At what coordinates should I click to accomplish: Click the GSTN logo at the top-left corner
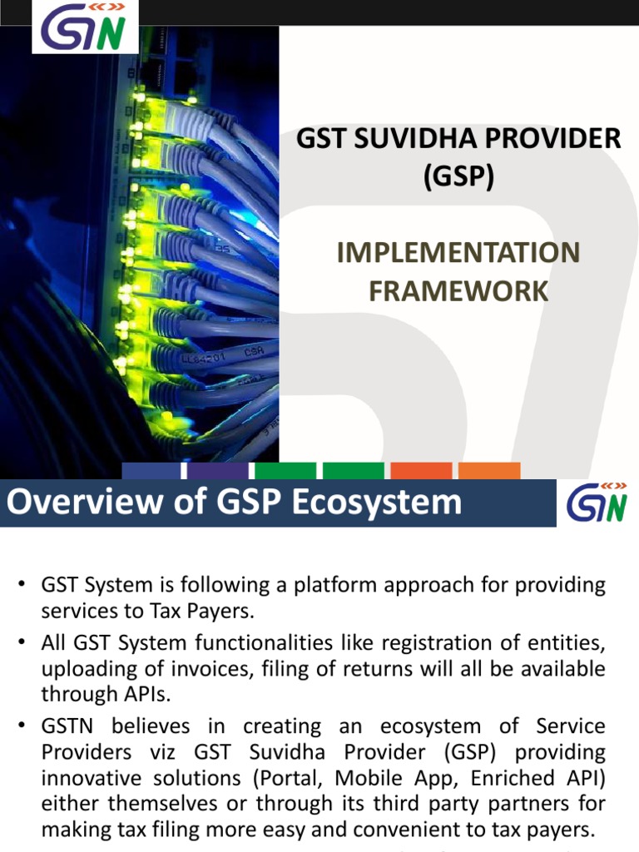pyautogui.click(x=83, y=27)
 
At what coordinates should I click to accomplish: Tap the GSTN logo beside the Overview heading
pyautogui.click(x=597, y=503)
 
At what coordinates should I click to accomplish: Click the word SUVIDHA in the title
pyautogui.click(x=411, y=139)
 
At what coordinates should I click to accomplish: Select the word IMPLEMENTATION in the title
pyautogui.click(x=458, y=253)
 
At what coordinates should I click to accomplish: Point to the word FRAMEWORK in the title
pyautogui.click(x=458, y=291)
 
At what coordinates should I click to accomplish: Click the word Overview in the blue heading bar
pyautogui.click(x=86, y=503)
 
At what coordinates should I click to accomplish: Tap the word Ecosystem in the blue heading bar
pyautogui.click(x=378, y=503)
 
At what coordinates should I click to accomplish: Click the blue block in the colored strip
pyautogui.click(x=152, y=471)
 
